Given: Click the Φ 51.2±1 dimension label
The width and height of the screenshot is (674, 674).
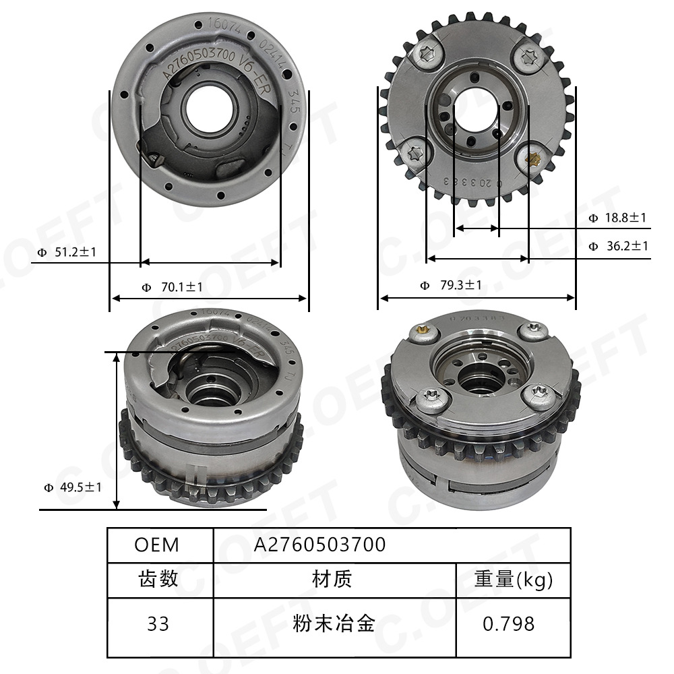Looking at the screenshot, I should tap(67, 252).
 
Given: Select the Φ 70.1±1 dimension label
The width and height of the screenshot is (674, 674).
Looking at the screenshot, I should tap(172, 287).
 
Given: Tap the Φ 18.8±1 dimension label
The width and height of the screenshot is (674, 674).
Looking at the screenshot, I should tap(617, 218).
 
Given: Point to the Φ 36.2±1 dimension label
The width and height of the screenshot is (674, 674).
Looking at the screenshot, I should tap(617, 246).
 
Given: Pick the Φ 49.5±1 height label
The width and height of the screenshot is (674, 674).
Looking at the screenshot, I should tap(72, 487).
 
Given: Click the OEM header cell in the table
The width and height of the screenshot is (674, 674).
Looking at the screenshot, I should tap(156, 545).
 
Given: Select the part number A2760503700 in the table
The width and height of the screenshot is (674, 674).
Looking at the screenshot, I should tap(319, 545).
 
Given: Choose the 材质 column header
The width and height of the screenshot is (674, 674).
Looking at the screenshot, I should tap(332, 579).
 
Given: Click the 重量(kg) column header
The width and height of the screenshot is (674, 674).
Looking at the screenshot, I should tap(513, 579).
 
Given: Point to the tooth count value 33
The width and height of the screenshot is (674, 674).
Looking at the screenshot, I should tap(158, 623).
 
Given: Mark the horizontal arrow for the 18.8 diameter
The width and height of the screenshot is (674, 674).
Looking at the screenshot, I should tap(477, 229).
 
